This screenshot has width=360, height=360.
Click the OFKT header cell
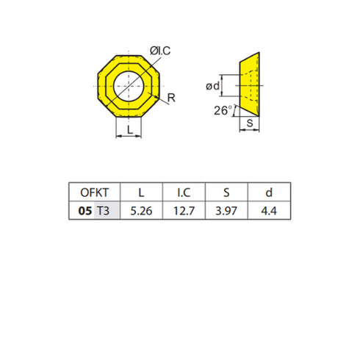coord(93,192)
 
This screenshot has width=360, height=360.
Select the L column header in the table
coord(140,192)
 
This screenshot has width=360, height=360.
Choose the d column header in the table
coord(269,192)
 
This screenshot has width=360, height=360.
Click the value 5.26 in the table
coord(140,212)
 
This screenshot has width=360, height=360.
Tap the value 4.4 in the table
coord(269,212)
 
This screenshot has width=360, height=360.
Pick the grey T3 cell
coord(104,212)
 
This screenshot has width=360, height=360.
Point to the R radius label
coord(170,97)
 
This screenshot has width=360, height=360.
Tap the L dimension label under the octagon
coord(130,129)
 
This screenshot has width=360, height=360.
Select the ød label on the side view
coord(213,87)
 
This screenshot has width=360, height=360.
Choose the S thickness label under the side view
coord(250,123)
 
